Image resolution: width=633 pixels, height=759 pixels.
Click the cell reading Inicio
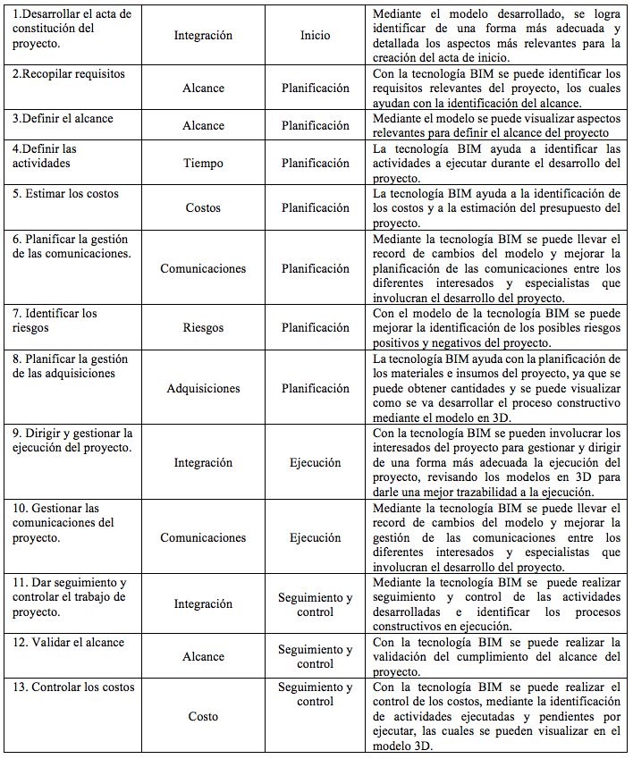[315, 36]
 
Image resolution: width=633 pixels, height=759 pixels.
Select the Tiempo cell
[203, 164]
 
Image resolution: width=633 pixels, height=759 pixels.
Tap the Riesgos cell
[203, 328]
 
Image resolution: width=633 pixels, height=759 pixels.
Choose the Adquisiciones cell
[203, 389]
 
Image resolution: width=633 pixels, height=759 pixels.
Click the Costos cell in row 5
[203, 207]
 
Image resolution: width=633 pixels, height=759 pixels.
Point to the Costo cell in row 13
[203, 717]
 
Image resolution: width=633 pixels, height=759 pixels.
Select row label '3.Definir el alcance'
[63, 119]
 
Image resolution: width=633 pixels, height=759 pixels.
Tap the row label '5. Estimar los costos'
[65, 193]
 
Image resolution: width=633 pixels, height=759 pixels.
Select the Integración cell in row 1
[203, 36]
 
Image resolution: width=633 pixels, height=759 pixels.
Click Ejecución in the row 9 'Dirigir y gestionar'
[315, 463]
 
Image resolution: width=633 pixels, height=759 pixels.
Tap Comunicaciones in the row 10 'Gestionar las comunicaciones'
[203, 538]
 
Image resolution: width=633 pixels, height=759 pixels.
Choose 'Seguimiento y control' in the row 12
[315, 657]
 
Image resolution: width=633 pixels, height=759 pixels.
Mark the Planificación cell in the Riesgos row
[315, 328]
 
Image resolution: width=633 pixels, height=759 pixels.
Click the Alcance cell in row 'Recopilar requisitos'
[203, 89]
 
